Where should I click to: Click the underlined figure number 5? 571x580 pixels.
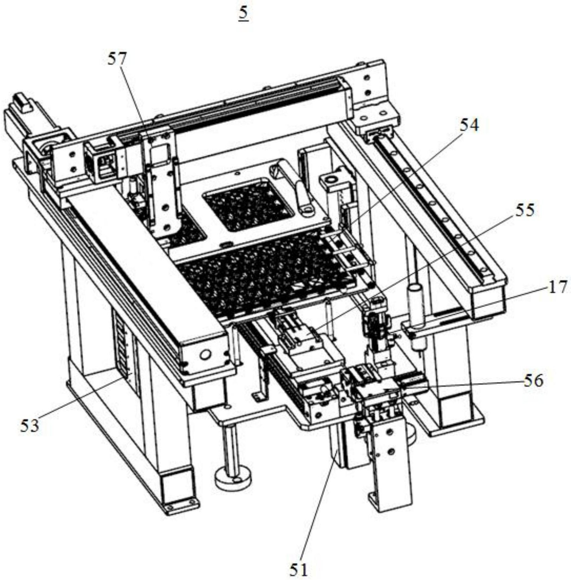pyautogui.click(x=243, y=14)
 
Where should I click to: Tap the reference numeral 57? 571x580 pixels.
pyautogui.click(x=117, y=59)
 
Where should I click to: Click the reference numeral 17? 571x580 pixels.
pyautogui.click(x=558, y=287)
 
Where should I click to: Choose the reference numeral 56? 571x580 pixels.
pyautogui.click(x=534, y=381)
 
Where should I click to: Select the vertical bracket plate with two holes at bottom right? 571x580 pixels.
pyautogui.click(x=392, y=468)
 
